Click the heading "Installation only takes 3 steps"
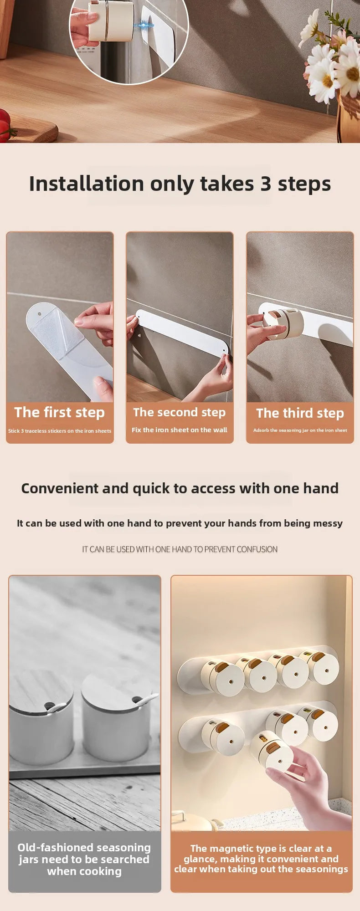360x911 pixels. pyautogui.click(x=180, y=184)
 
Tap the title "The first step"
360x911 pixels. pyautogui.click(x=60, y=413)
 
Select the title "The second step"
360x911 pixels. pyautogui.click(x=180, y=413)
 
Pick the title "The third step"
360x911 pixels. pyautogui.click(x=300, y=414)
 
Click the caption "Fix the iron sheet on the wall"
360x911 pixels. pyautogui.click(x=180, y=430)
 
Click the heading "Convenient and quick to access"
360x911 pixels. pyautogui.click(x=180, y=489)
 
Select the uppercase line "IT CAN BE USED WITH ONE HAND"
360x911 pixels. pyautogui.click(x=180, y=549)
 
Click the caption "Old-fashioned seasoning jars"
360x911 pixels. pyautogui.click(x=84, y=859)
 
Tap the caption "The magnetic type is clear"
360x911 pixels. pyautogui.click(x=261, y=859)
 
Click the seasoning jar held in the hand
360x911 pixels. pyautogui.click(x=273, y=750)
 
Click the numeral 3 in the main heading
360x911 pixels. pyautogui.click(x=266, y=184)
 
